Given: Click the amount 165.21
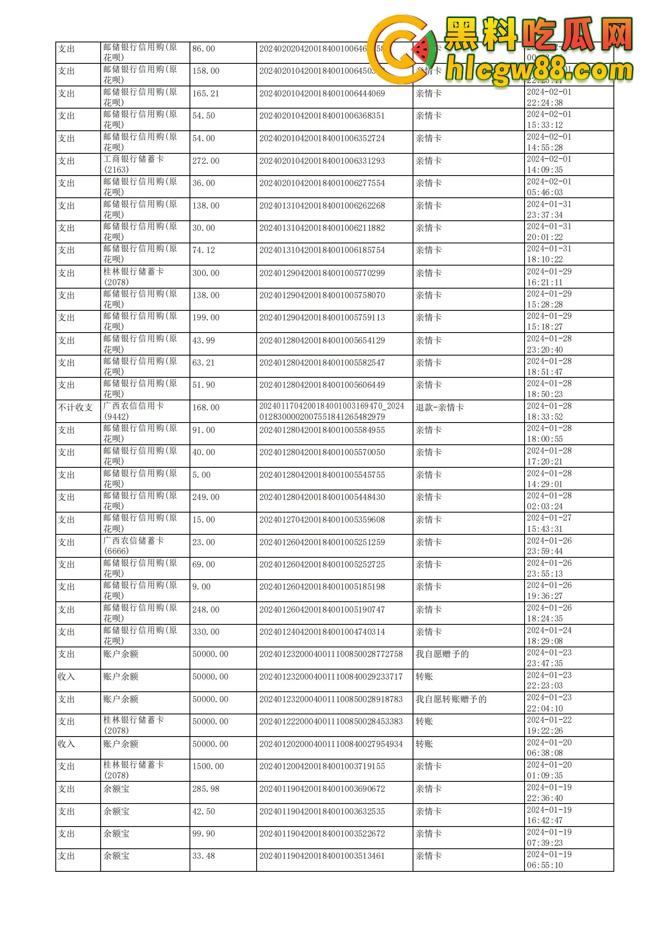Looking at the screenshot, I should pos(205,94).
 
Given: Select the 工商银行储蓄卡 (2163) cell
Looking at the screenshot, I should pos(133,164).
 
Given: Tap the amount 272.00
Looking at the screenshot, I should pos(205,161).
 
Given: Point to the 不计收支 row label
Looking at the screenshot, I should pos(75,408).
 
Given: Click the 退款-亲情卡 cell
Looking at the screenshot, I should pos(440,408).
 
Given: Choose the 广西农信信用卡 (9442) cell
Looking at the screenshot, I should pos(133,411).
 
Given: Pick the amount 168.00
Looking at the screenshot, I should pos(205,408).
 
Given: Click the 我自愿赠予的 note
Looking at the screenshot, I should pos(442,654).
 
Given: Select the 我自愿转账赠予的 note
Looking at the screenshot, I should pos(451,699).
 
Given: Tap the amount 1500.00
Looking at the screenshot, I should pos(208,766).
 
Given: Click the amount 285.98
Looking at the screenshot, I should pos(205,789).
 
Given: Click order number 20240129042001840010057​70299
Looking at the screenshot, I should pos(322,273).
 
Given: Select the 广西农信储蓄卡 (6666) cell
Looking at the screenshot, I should pos(133,546).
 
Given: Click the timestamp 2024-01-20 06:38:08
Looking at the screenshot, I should pos(549,747).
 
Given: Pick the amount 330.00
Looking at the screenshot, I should pos(205,632).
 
